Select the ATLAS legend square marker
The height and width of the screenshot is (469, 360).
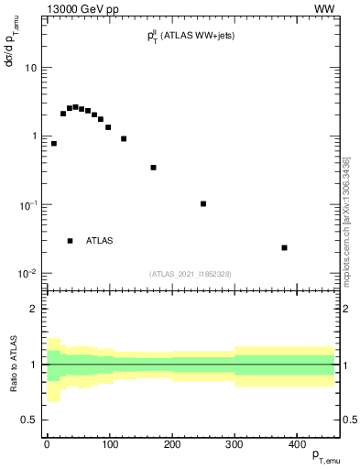tap(70, 241)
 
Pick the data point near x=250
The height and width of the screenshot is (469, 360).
tap(203, 203)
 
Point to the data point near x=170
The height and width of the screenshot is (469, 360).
tap(153, 168)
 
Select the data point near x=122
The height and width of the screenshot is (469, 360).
tap(124, 139)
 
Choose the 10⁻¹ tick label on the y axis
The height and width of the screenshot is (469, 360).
tap(27, 205)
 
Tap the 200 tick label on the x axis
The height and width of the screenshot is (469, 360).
tap(171, 444)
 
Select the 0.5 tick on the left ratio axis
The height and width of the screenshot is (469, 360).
tap(28, 420)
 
